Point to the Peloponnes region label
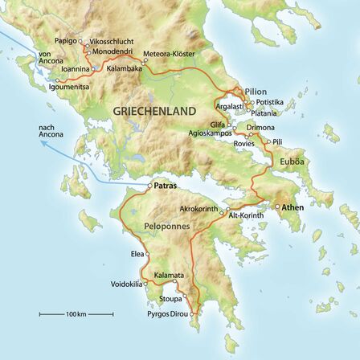(166, 226)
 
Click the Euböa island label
(292, 162)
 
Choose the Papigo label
(64, 39)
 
